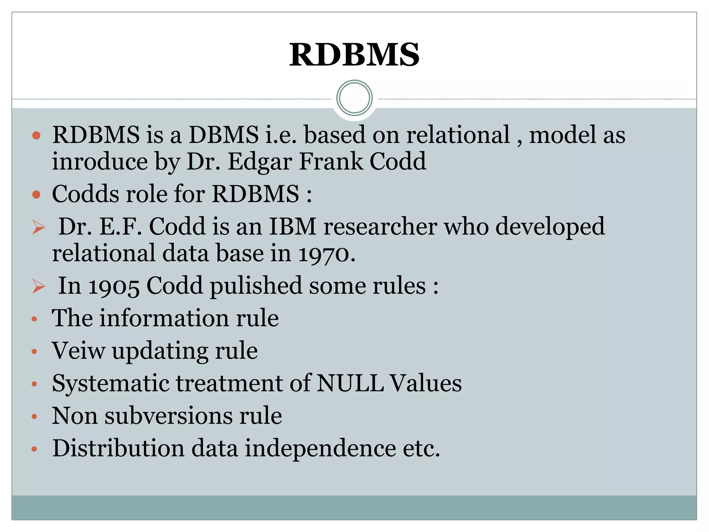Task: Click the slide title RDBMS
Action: click(x=354, y=55)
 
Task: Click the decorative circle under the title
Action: click(x=354, y=98)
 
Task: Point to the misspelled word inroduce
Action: click(x=99, y=162)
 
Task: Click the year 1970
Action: click(x=325, y=254)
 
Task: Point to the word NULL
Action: click(x=350, y=383)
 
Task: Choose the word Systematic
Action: click(x=111, y=384)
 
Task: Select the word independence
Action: click(x=320, y=448)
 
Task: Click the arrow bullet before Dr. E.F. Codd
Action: click(x=38, y=228)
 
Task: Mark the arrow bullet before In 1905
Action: click(x=38, y=287)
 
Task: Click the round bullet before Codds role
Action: click(x=36, y=194)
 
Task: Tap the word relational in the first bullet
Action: click(x=458, y=135)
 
